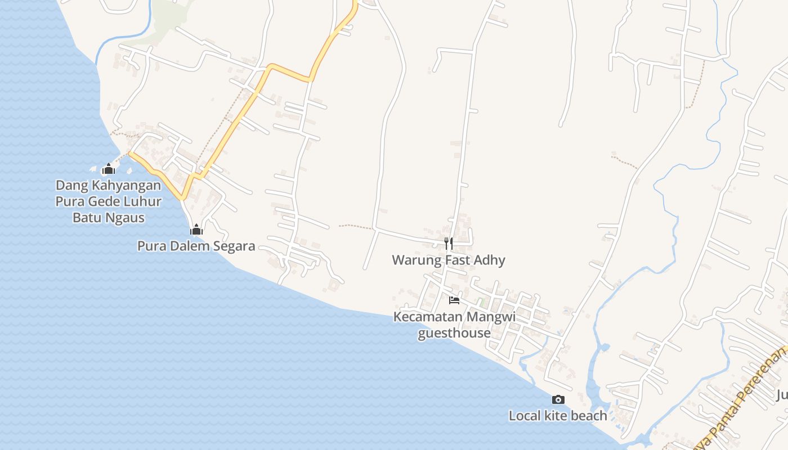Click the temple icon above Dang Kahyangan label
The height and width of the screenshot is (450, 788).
pyautogui.click(x=109, y=169)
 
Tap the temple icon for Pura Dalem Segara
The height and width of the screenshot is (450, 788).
pyautogui.click(x=196, y=229)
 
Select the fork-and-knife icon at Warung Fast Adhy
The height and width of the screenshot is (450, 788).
pyautogui.click(x=449, y=243)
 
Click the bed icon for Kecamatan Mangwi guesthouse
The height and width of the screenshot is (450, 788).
pyautogui.click(x=454, y=300)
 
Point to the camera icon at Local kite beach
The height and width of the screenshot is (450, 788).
pyautogui.click(x=558, y=399)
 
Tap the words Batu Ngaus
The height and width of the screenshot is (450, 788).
pyautogui.click(x=109, y=218)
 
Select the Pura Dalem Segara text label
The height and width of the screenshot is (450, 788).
pyautogui.click(x=196, y=246)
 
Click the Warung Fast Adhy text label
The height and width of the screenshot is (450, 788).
pyautogui.click(x=449, y=260)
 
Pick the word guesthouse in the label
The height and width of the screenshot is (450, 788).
pyautogui.click(x=454, y=333)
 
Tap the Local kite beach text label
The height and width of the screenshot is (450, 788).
pyautogui.click(x=558, y=416)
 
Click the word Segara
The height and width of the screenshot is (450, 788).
pyautogui.click(x=232, y=246)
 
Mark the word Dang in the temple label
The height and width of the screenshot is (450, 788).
pyautogui.click(x=69, y=185)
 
